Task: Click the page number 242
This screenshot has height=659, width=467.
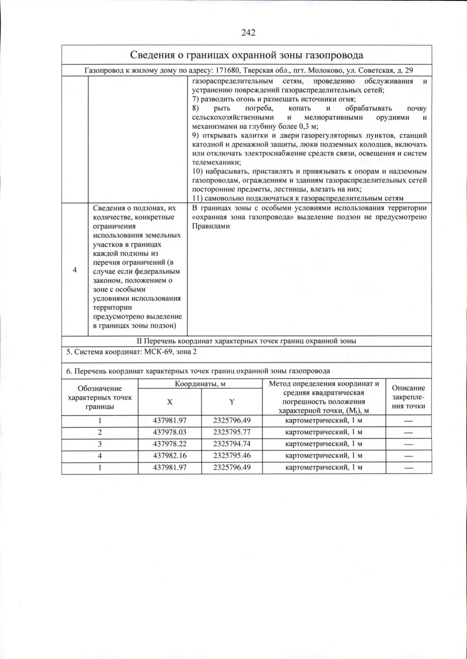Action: [x=248, y=32]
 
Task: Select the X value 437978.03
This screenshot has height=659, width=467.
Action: [x=170, y=432]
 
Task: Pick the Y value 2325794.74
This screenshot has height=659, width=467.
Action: [x=232, y=444]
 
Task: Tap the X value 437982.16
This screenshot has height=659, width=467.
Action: [x=170, y=456]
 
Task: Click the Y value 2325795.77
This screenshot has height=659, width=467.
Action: [x=232, y=432]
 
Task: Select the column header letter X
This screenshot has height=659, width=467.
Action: [x=170, y=402]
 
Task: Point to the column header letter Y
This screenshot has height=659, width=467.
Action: [x=232, y=402]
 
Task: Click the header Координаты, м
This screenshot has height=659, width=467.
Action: [x=200, y=384]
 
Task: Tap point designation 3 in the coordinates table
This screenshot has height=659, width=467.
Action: [x=100, y=444]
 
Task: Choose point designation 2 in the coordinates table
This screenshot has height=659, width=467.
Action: [x=100, y=432]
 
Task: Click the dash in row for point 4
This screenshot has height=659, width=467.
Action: [x=408, y=456]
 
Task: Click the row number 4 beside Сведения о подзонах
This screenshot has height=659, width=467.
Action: [x=75, y=270]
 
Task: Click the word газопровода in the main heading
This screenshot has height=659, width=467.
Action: [x=335, y=55]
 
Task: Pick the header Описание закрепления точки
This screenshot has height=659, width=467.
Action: [x=408, y=397]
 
